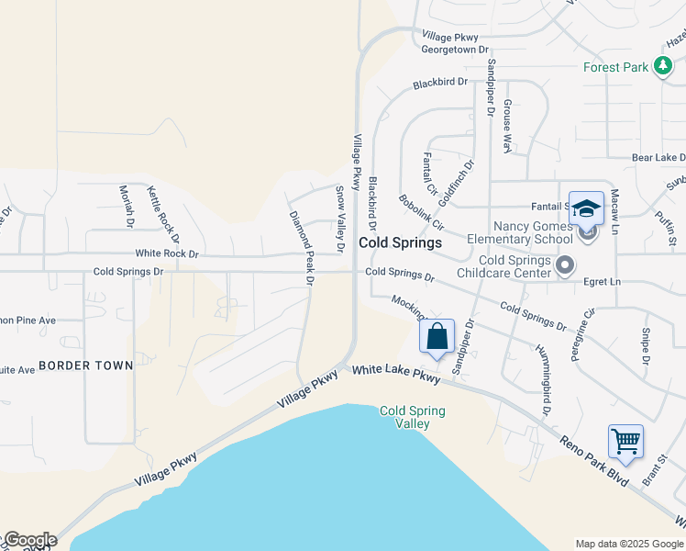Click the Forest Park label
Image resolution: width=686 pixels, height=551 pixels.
pyautogui.click(x=615, y=67)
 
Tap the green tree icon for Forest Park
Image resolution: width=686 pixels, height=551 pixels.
pyautogui.click(x=663, y=67)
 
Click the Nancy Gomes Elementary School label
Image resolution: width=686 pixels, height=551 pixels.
pyautogui.click(x=533, y=232)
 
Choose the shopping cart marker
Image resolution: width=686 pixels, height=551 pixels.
pyautogui.click(x=625, y=442)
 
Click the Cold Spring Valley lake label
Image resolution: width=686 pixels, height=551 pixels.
pyautogui.click(x=413, y=417)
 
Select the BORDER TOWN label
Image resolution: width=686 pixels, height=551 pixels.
pyautogui.click(x=85, y=365)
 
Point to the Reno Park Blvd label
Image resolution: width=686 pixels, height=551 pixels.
pyautogui.click(x=595, y=459)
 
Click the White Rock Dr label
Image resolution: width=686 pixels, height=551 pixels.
pyautogui.click(x=167, y=253)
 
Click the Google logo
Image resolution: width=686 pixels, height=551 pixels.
pyautogui.click(x=29, y=540)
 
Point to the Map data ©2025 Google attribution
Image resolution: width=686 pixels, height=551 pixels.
pyautogui.click(x=628, y=543)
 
